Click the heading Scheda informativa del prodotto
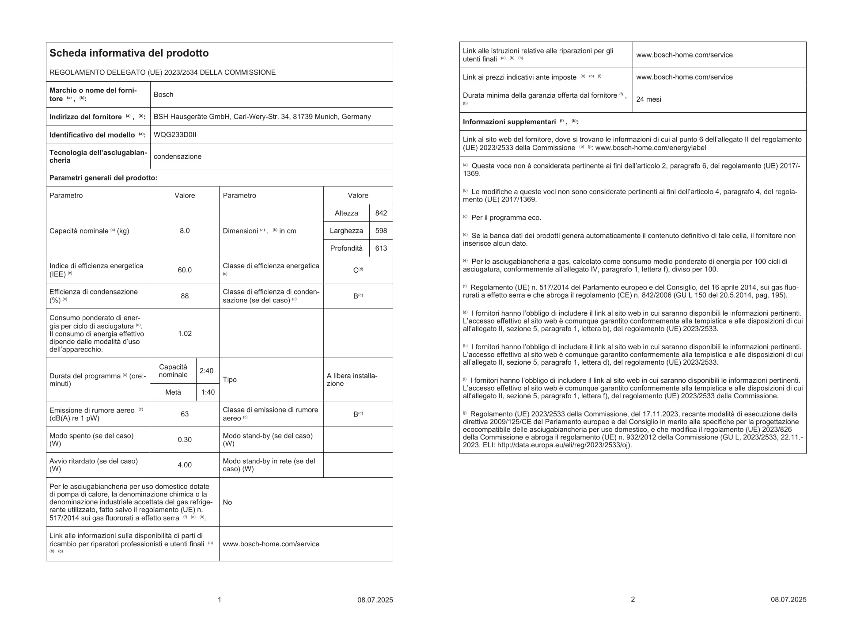point(129,53)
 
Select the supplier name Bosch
point(163,95)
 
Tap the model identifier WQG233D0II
point(175,135)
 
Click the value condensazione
point(178,156)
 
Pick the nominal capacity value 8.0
point(185,231)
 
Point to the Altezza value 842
point(381,213)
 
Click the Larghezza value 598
point(381,231)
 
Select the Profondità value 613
point(381,248)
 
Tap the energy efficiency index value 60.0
point(185,270)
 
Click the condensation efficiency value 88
point(185,296)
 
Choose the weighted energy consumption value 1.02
point(185,333)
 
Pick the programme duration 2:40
point(207,371)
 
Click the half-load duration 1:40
point(208,392)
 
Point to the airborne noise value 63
point(185,414)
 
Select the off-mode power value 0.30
point(185,439)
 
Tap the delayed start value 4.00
point(185,465)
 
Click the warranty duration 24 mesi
point(648,99)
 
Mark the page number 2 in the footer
point(633,599)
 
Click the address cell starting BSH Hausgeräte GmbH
point(262,117)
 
